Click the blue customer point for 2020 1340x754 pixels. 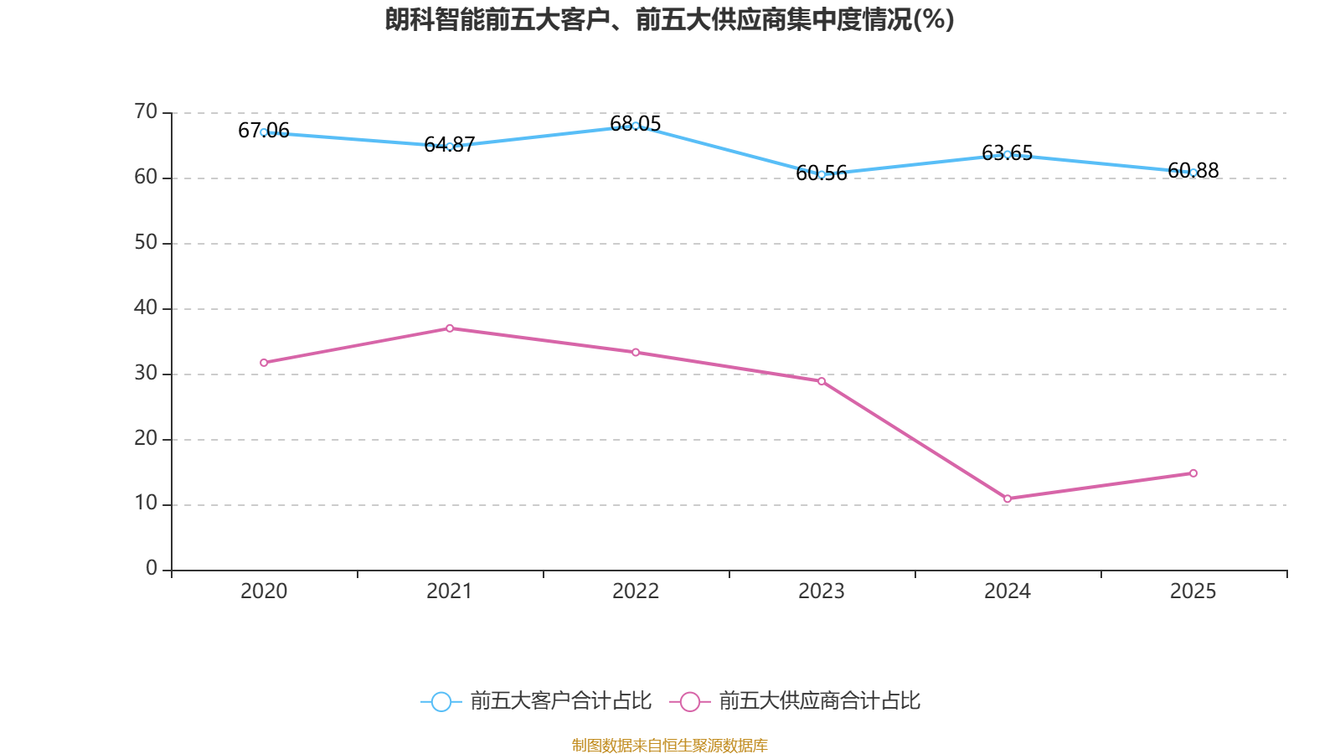[x=264, y=132]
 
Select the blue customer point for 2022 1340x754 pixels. [x=636, y=126]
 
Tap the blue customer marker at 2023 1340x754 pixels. [x=822, y=174]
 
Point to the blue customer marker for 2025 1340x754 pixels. [x=1193, y=173]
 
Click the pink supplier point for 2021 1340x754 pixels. [x=450, y=328]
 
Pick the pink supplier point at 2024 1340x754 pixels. [x=1008, y=498]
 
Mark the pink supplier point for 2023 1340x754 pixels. [x=822, y=381]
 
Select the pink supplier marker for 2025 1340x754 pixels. [x=1193, y=473]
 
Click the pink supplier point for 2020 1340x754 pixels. [x=264, y=363]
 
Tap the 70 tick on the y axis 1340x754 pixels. [x=146, y=111]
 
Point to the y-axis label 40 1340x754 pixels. [x=146, y=307]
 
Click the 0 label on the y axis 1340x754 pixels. [x=152, y=569]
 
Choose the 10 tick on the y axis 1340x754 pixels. [x=146, y=504]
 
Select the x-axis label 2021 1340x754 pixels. [x=450, y=591]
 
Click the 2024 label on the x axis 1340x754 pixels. [x=1008, y=591]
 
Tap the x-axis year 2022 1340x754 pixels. [x=636, y=591]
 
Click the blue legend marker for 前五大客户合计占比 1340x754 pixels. [x=441, y=701]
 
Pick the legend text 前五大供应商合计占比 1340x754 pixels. [x=819, y=701]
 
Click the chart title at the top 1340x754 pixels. [x=670, y=19]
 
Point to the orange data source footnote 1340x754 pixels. [x=670, y=745]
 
